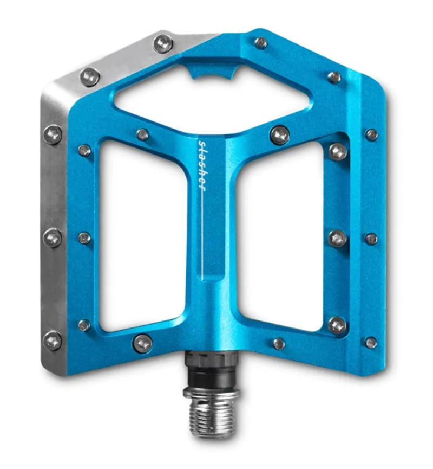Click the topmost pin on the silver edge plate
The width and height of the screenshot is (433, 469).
pyautogui.click(x=163, y=43)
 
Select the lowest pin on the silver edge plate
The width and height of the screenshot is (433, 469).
pyautogui.click(x=53, y=340)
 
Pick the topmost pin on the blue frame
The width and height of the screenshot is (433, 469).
pyautogui.click(x=261, y=43)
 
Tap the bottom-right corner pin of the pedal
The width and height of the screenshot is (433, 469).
pyautogui.click(x=371, y=343)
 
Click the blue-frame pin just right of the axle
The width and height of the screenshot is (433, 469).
pyautogui.click(x=279, y=343)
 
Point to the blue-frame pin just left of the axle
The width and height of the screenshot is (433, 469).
pyautogui.click(x=143, y=342)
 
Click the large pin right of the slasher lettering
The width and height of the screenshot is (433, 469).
pyautogui.click(x=279, y=134)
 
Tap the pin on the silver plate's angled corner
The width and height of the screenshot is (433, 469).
pyautogui.click(x=90, y=76)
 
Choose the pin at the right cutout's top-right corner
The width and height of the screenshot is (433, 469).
pyautogui.click(x=338, y=151)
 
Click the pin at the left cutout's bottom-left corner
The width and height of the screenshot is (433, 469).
pyautogui.click(x=84, y=325)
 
